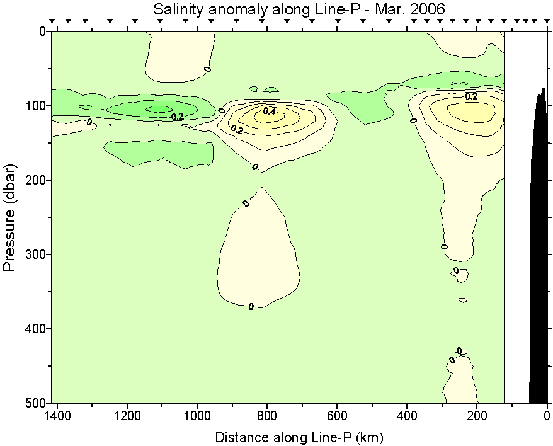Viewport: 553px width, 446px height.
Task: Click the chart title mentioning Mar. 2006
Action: pos(299,9)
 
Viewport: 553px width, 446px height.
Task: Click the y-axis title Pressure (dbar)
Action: pos(9,217)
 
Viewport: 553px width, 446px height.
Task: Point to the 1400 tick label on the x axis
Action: pos(58,416)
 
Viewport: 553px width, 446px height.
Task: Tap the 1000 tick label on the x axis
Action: pos(197,416)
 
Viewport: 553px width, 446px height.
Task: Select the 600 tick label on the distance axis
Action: pos(337,416)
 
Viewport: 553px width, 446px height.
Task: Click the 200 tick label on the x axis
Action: pos(477,416)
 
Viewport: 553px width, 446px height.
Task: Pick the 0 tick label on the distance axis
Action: pos(547,416)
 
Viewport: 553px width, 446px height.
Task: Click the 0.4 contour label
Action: pos(270,111)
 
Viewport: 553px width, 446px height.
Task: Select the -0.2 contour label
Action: pos(177,117)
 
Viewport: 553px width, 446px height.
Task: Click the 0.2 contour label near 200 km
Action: pos(471,96)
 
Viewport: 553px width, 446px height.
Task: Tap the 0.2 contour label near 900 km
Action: pos(237,129)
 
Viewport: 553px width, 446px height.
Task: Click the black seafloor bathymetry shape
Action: pos(539,252)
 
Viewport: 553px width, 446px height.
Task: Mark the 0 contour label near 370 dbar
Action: pos(251,307)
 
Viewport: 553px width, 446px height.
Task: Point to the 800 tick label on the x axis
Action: pos(267,416)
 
